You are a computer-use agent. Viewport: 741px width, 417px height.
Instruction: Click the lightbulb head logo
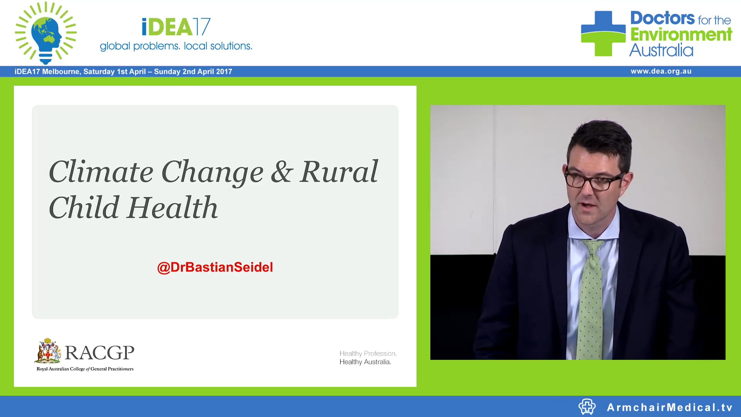46,33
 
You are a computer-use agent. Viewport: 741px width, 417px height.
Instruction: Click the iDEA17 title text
176,27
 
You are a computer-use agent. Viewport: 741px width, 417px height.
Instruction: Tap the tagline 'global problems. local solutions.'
176,46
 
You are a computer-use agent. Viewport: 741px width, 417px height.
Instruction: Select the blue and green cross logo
603,34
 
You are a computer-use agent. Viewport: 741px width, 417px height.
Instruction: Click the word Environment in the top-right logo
681,35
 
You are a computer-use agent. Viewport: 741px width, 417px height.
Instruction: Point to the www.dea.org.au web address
661,71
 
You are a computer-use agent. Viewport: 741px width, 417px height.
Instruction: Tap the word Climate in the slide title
101,172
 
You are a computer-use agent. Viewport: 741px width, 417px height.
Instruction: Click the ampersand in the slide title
282,172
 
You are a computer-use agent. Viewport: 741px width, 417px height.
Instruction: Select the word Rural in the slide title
339,172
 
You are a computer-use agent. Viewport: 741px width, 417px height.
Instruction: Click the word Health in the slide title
173,208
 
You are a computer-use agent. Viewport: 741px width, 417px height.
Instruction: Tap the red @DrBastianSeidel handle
215,267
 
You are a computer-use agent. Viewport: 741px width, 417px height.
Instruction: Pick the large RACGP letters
100,352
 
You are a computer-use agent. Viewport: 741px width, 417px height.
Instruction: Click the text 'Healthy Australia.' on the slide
365,362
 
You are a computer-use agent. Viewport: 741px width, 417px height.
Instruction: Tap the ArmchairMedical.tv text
670,407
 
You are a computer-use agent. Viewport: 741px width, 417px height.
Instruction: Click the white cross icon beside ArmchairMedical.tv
587,407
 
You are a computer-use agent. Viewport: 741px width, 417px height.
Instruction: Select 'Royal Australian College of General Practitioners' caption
85,369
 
